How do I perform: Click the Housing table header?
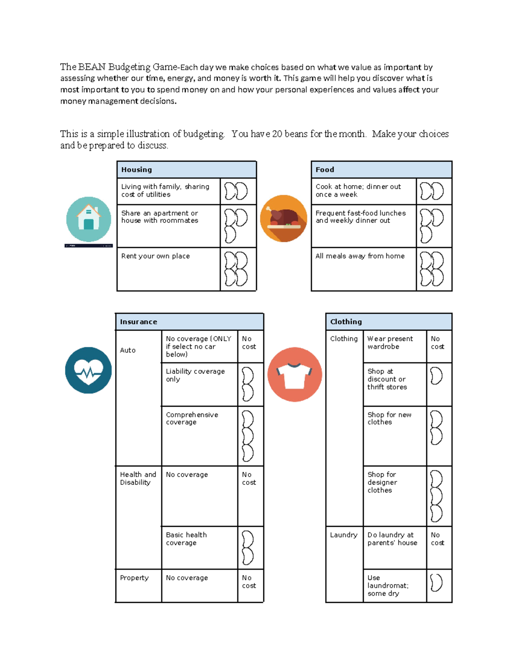186,170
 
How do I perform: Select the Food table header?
381,170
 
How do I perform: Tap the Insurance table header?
189,322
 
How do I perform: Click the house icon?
88,219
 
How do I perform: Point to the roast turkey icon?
283,218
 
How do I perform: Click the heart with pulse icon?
88,370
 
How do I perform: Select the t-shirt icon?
295,375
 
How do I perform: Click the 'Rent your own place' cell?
168,269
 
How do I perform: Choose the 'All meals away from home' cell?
363,269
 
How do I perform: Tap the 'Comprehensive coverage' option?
199,436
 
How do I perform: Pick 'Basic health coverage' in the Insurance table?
199,547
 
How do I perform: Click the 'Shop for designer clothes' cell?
394,496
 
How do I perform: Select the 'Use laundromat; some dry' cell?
394,586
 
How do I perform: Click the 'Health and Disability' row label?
138,478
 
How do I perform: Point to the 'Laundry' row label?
344,535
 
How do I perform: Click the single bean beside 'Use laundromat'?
436,582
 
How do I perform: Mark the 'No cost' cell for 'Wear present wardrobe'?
438,343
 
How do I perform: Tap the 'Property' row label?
134,578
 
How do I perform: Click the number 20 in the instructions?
277,134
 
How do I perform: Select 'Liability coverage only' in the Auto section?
199,384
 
